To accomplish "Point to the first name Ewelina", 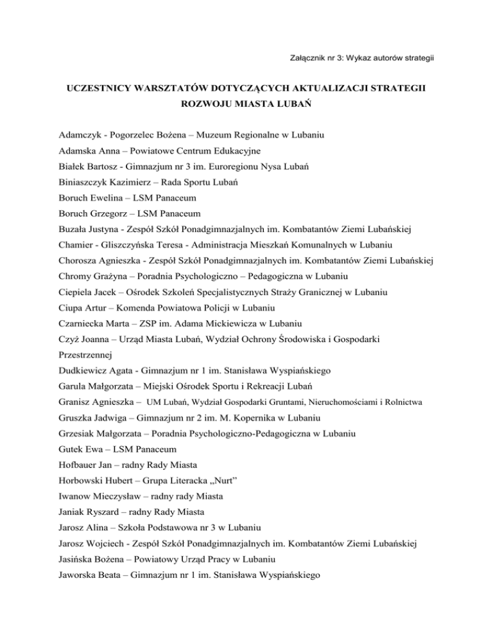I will coord(114,199).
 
